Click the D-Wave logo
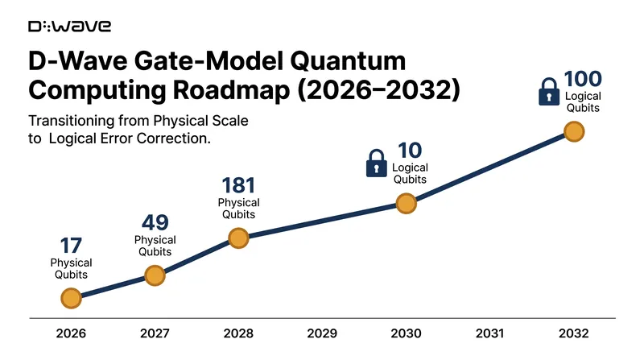(x=69, y=27)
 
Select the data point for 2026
(x=71, y=298)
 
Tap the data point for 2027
(x=155, y=275)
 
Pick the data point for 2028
(x=238, y=238)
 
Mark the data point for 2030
(x=407, y=204)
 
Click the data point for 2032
(x=574, y=131)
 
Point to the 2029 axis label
(x=322, y=333)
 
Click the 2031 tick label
(x=489, y=333)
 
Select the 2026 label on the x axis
(x=71, y=333)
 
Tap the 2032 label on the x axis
(x=574, y=333)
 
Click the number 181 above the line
(x=238, y=185)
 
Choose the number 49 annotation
(x=155, y=223)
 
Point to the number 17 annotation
(x=71, y=246)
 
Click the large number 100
(x=583, y=79)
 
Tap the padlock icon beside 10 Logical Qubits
(x=376, y=163)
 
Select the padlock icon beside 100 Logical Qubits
(x=549, y=92)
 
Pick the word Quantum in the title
(x=349, y=61)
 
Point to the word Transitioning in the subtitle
(x=71, y=122)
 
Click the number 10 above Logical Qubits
(x=410, y=151)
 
